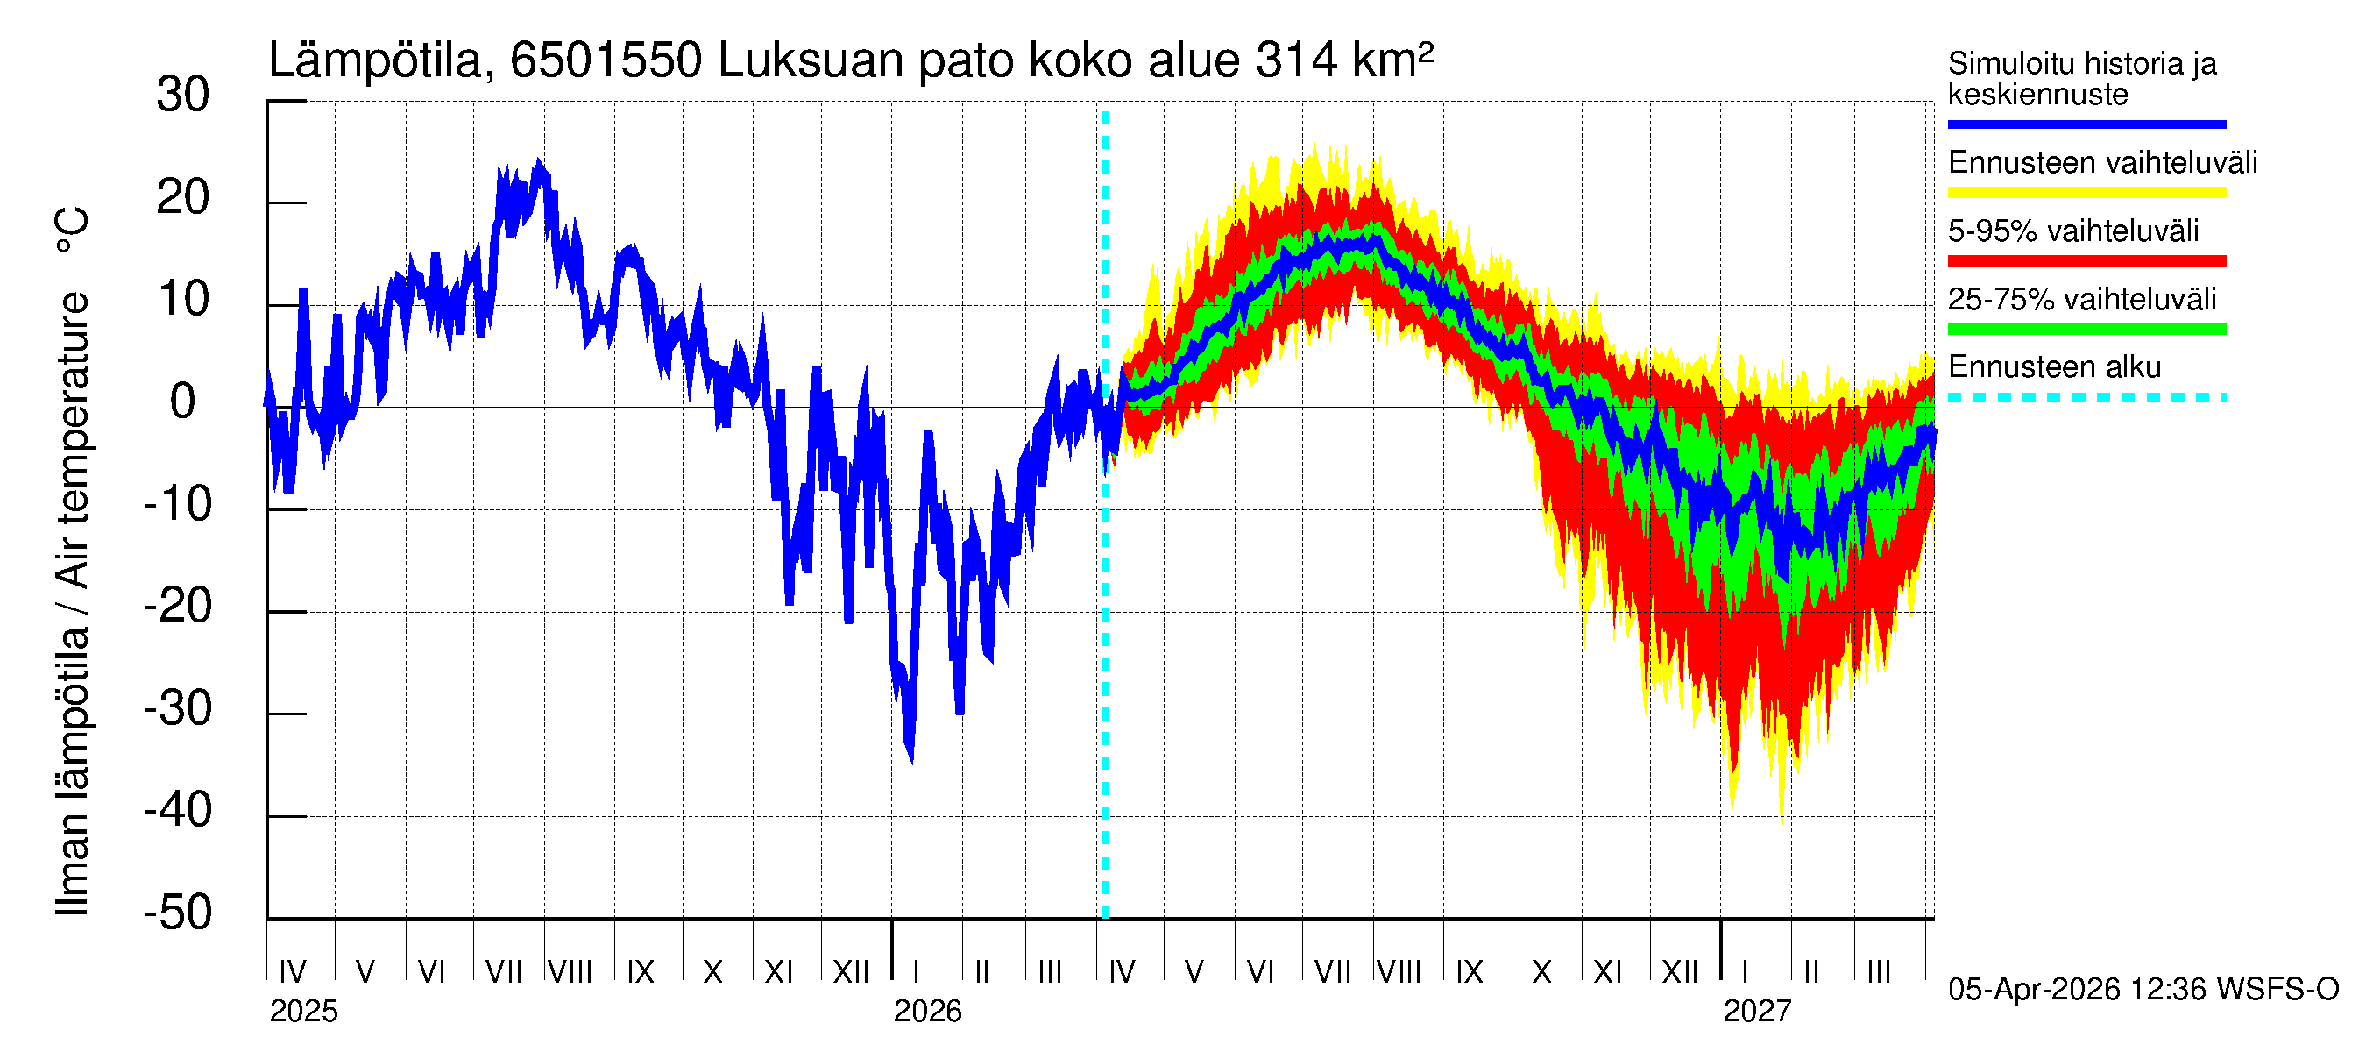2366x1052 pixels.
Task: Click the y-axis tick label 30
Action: tap(183, 95)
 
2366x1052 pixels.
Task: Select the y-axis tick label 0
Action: tap(183, 402)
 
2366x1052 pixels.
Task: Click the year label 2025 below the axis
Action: tap(303, 1012)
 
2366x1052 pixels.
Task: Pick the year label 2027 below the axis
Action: tap(1756, 1012)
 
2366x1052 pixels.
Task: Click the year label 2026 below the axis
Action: tap(927, 1012)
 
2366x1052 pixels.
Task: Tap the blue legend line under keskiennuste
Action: tap(2086, 124)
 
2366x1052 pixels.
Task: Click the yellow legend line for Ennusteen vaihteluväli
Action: tap(2086, 193)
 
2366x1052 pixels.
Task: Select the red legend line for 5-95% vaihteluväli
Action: tap(2086, 261)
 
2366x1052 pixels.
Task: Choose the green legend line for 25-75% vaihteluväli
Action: tap(2086, 329)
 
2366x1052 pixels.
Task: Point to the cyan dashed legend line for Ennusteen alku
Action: tap(2086, 397)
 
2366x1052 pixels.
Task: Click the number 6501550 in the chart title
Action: tap(606, 60)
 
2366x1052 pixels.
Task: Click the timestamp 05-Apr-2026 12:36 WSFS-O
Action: tap(2143, 990)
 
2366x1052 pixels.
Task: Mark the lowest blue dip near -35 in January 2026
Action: tap(910, 757)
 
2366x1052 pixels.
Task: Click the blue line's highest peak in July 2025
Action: tap(539, 164)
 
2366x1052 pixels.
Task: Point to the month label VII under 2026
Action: tap(1332, 971)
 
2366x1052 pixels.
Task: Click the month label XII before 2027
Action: tap(1680, 971)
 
